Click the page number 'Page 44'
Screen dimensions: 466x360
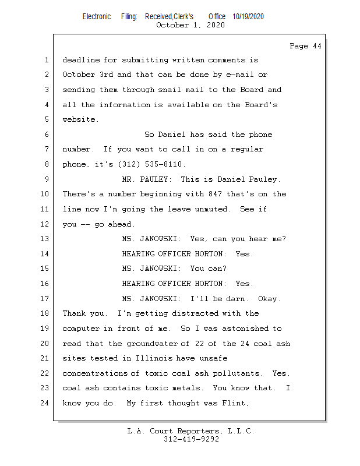click(305, 46)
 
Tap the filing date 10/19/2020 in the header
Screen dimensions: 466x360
click(248, 17)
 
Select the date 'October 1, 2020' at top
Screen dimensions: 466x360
click(190, 25)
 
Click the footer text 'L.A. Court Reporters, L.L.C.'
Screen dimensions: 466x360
click(190, 432)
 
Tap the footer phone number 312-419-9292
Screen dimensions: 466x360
click(190, 439)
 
